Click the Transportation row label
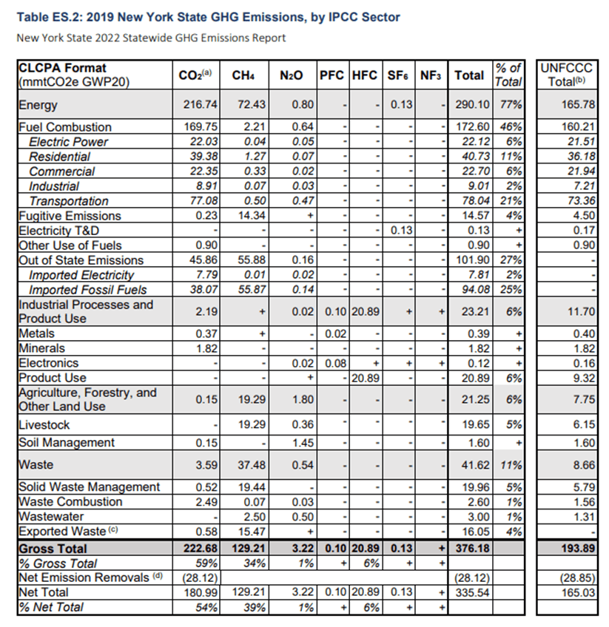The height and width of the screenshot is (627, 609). [x=68, y=201]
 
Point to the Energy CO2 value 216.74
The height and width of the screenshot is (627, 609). [x=197, y=105]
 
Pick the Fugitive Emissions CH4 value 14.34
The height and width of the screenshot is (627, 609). [x=250, y=216]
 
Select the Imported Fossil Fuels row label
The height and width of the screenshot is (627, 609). [x=87, y=290]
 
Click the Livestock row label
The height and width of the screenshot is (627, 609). [x=44, y=425]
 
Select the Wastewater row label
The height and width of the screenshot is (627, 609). [x=51, y=516]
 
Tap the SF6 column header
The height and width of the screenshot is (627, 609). [x=398, y=75]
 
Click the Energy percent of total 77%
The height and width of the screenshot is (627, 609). [x=511, y=105]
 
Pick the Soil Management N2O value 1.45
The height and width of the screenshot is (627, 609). [x=298, y=443]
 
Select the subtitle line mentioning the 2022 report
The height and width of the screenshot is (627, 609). [x=151, y=38]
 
